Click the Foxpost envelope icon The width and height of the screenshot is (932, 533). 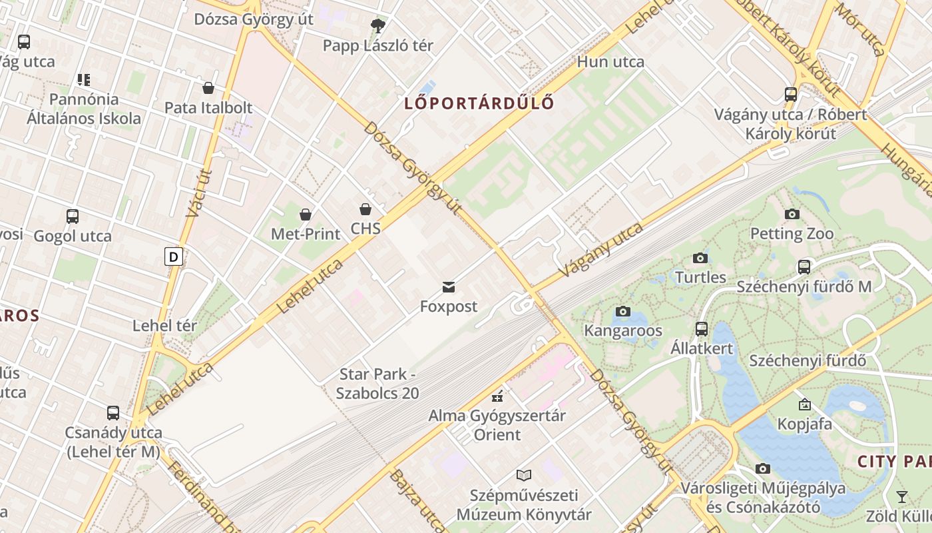point(449,287)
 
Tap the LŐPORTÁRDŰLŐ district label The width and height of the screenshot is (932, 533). point(479,103)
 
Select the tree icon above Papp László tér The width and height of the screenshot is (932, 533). point(377,27)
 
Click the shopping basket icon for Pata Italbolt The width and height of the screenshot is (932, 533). point(208,88)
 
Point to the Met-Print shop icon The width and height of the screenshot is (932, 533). point(306,215)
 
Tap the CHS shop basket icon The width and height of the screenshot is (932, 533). point(365,209)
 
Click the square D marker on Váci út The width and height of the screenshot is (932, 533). point(174,257)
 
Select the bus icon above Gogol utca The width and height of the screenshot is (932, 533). point(73,217)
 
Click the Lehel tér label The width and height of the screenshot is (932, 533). point(164,326)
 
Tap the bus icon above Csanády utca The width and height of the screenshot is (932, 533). point(113,413)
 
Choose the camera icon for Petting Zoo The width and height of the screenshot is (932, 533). point(792,214)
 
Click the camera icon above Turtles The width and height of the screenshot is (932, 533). point(700,258)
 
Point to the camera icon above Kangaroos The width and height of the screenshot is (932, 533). point(623,311)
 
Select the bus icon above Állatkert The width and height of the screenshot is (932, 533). point(702,328)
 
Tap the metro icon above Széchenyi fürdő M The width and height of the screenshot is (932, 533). point(804,267)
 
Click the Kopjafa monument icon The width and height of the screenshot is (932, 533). point(804,404)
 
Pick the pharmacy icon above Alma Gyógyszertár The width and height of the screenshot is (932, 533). point(497,397)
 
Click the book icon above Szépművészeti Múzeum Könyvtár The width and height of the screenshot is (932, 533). point(524,476)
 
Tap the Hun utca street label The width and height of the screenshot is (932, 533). point(610,62)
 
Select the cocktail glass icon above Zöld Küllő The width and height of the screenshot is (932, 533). point(901,496)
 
